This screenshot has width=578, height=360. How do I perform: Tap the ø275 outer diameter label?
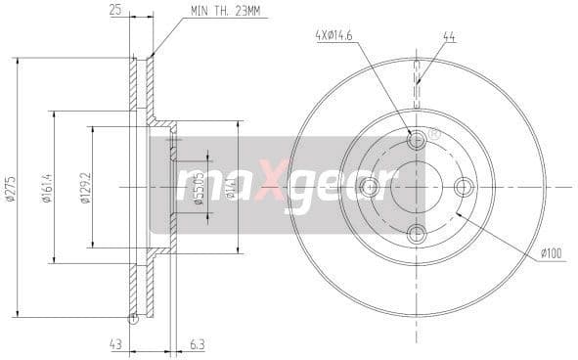point(12,188)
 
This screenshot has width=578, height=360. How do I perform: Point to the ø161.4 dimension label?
point(47,188)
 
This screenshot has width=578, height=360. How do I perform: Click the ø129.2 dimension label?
point(85,187)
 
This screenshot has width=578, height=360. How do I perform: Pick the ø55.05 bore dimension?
point(200,186)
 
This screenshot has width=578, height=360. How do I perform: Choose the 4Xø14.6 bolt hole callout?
point(333,35)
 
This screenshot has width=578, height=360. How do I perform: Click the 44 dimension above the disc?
point(449,36)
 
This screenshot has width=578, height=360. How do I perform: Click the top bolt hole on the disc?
point(417,139)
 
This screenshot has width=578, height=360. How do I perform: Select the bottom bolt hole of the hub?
point(417,233)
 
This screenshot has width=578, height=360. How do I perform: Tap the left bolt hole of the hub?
point(369,186)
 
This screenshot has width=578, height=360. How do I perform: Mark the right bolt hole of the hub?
point(465,186)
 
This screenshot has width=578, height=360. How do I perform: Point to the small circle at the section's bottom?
point(133,317)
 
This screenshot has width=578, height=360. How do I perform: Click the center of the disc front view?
point(417,186)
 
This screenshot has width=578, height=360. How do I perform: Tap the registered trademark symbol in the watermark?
point(434,133)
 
